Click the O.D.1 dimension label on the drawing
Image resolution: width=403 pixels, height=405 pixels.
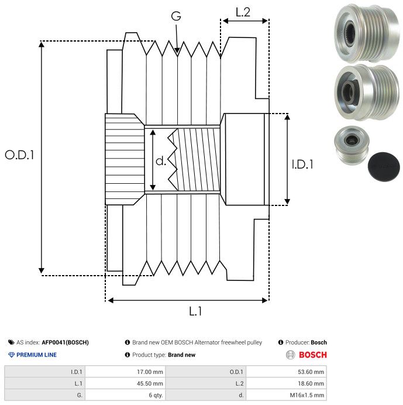(x=19, y=156)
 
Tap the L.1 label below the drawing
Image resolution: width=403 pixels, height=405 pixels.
(x=195, y=312)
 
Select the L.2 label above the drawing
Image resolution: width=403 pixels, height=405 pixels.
(x=243, y=12)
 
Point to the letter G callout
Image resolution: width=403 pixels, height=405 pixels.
(x=175, y=17)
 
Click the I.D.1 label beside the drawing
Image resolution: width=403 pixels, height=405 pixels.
(x=302, y=165)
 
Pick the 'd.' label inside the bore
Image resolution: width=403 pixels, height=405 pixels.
(x=161, y=160)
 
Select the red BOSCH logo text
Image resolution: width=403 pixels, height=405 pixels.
(x=313, y=355)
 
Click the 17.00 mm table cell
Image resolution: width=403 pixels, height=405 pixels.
(x=150, y=372)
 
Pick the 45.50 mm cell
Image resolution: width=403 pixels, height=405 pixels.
(x=150, y=383)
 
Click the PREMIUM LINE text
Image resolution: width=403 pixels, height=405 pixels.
(x=36, y=355)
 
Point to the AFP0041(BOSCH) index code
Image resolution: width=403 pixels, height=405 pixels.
(x=65, y=342)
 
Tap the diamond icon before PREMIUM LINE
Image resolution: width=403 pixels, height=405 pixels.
(x=11, y=355)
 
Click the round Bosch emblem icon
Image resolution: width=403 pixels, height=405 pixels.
(x=290, y=355)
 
